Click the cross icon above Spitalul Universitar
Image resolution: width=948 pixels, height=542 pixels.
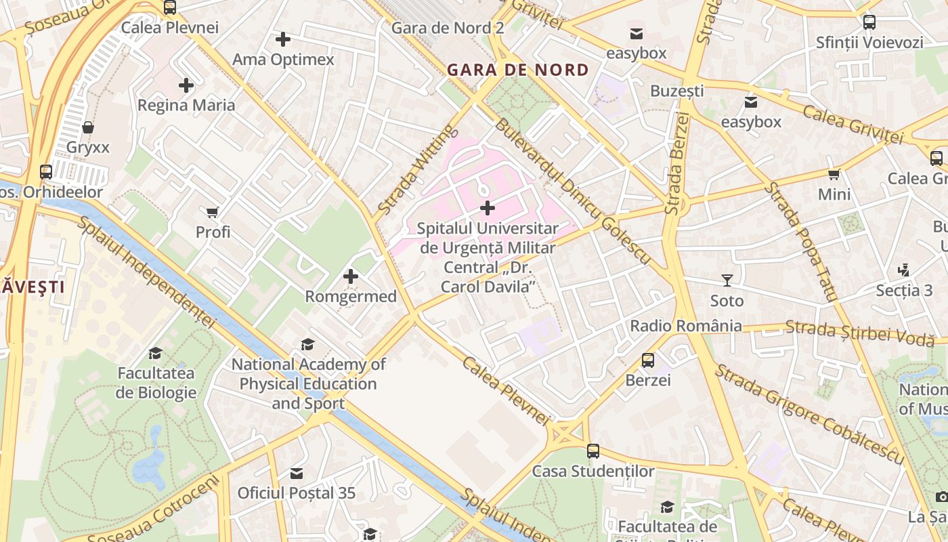487,207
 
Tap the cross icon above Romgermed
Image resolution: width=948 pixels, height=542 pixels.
351,276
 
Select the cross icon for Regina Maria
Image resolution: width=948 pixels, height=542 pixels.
186,85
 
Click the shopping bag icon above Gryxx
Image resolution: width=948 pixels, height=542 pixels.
88,127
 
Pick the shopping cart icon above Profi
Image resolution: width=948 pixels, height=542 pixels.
213,213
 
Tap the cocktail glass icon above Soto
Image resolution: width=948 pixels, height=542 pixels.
727,280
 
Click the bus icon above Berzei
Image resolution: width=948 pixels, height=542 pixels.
648,360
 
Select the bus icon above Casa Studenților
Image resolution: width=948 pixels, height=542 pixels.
593,451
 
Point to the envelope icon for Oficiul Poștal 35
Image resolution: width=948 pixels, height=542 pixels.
296,473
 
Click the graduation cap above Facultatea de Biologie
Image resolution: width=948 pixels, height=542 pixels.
155,353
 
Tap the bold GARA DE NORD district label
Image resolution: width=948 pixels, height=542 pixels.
518,70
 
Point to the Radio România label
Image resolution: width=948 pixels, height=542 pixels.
686,326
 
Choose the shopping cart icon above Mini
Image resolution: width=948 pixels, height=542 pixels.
834,174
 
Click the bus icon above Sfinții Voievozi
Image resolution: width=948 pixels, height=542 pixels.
869,22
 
